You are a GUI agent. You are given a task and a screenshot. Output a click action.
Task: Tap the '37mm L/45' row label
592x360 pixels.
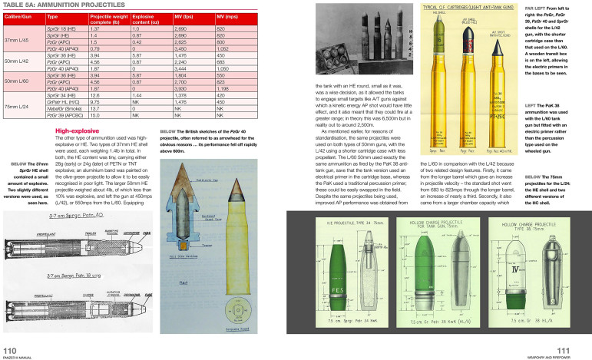point(17,40)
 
